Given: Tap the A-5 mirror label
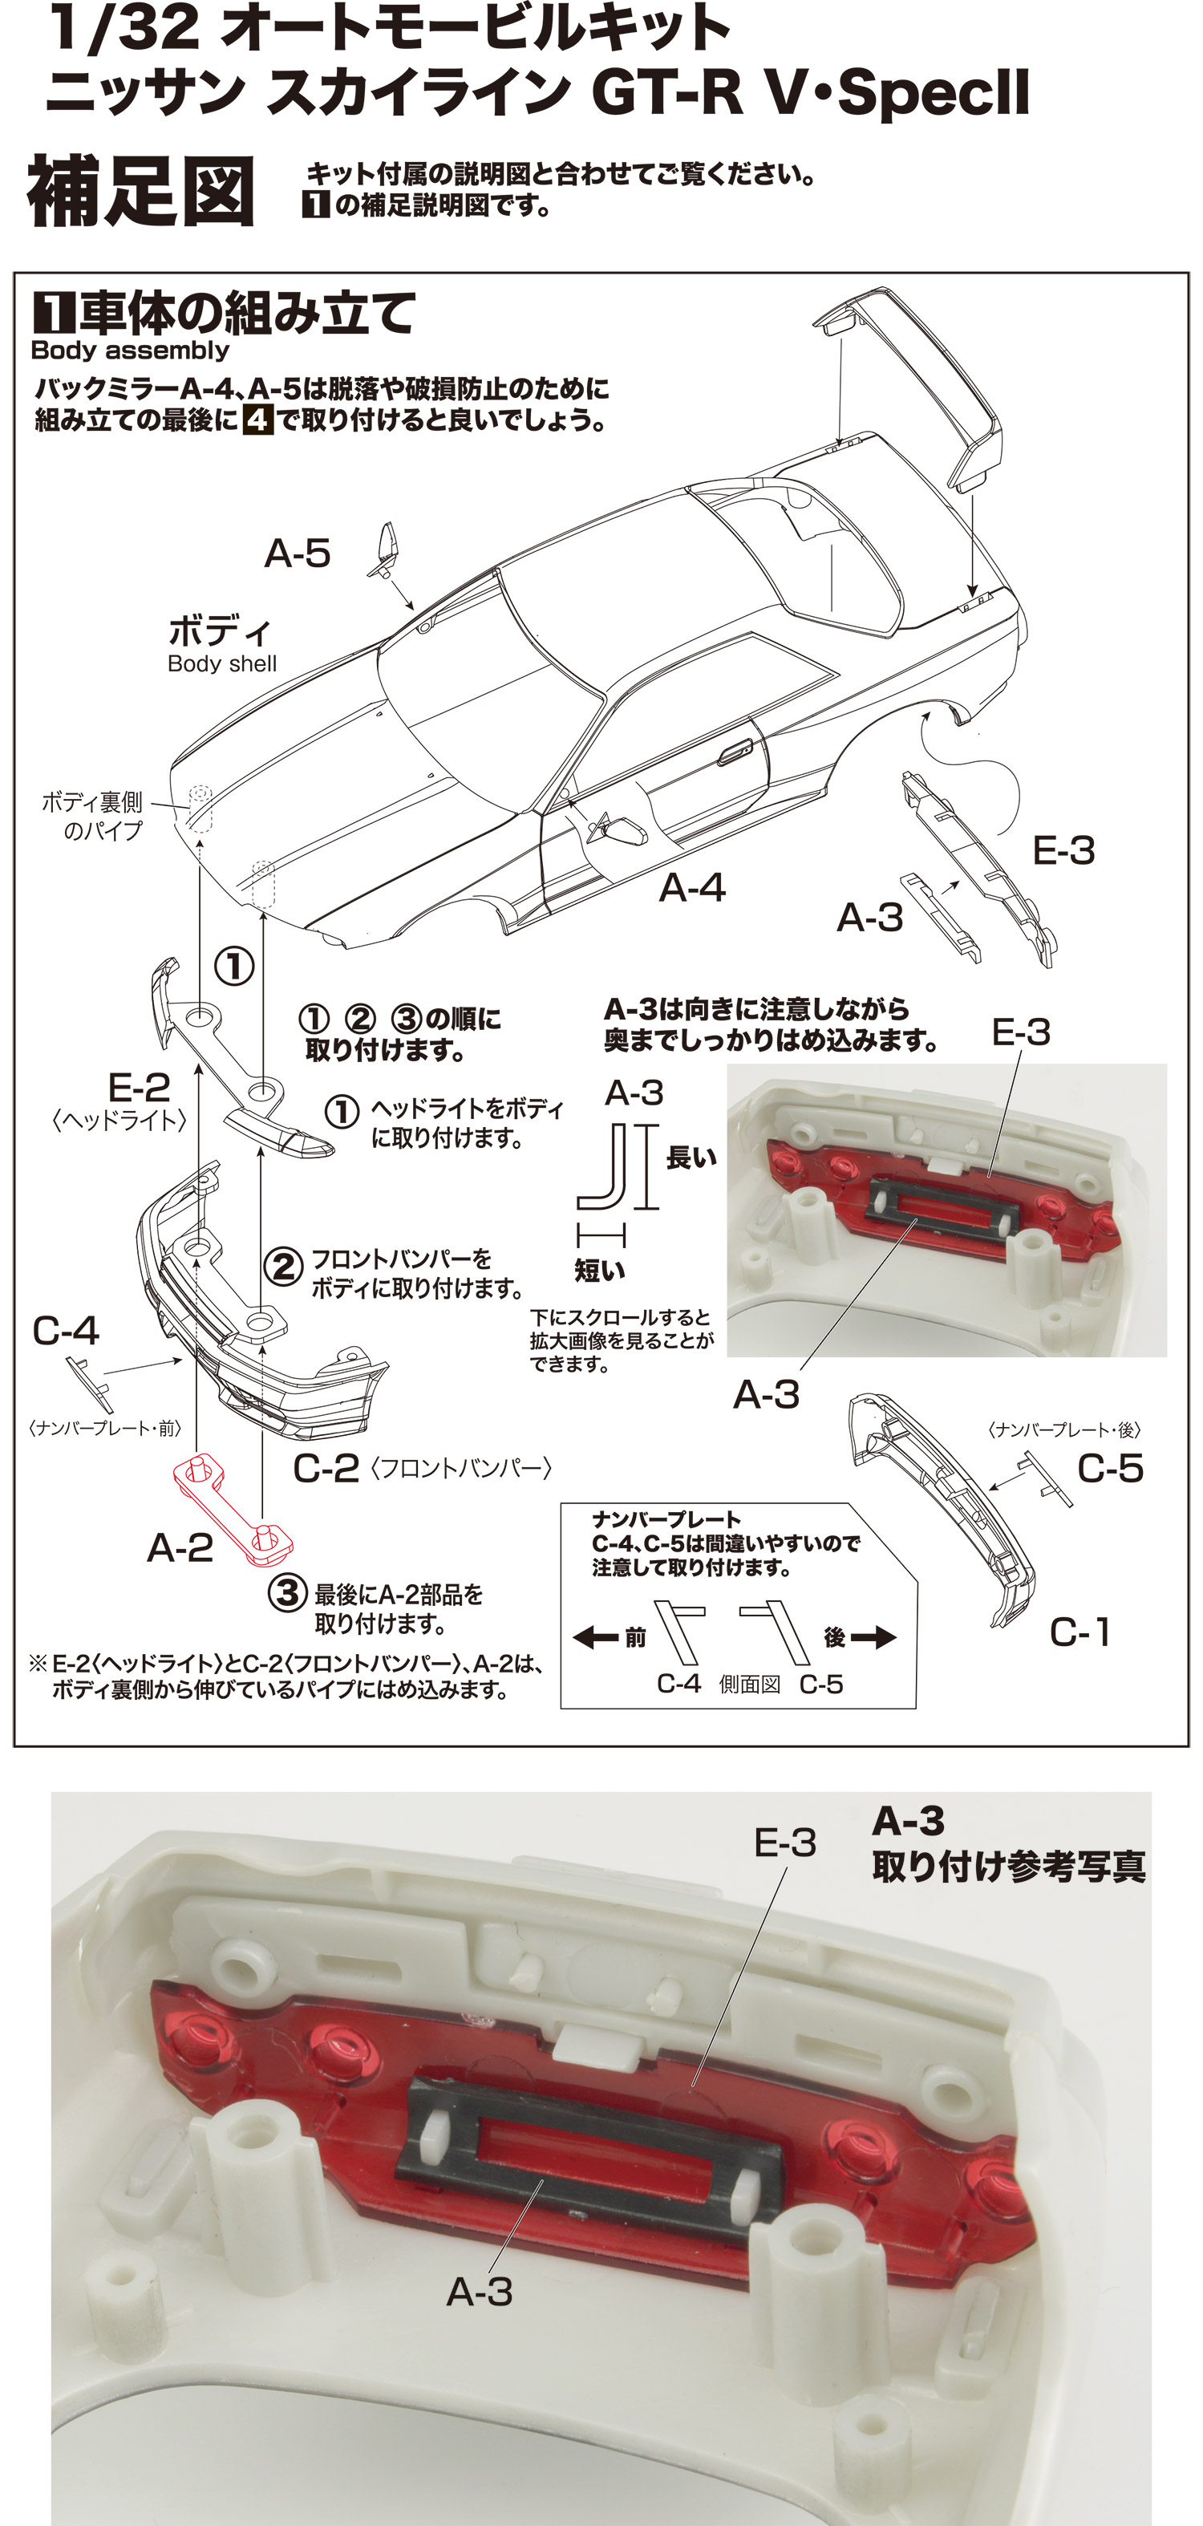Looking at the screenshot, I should (297, 554).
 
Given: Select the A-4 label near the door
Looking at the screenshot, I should (692, 887).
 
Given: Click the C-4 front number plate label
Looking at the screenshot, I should (66, 1331).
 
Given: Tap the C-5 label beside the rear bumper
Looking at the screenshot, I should (1110, 1468).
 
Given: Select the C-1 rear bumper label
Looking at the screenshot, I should (1079, 1632).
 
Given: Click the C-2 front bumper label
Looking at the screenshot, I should (326, 1468).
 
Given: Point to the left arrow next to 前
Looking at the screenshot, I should (594, 1636).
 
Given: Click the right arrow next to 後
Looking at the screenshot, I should (873, 1636).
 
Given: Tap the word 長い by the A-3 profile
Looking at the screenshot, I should (691, 1158).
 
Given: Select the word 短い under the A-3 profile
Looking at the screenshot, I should (600, 1271).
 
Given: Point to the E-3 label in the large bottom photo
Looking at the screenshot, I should (784, 1843).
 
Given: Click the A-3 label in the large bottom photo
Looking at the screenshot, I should (480, 2292).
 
